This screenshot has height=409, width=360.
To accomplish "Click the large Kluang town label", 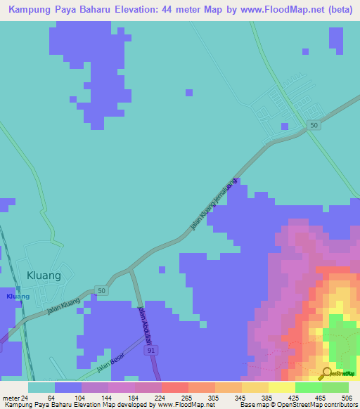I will pos(44,275).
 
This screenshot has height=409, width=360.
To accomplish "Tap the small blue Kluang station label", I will pos(18,297).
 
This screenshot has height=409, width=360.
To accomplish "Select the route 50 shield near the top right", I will pos(314,124).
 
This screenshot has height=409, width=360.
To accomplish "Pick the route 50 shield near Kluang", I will pos(102,290).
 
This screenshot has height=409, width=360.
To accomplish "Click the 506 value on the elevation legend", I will pos(346,397).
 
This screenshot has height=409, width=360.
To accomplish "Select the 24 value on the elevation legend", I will pos(26,397).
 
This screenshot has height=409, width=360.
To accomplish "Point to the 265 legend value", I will pos(186,397).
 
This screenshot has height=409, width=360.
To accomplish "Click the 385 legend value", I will pos(266,397).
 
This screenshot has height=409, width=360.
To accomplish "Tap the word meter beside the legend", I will pos(10,397).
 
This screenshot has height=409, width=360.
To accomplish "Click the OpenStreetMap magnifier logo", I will pos(326,373).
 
